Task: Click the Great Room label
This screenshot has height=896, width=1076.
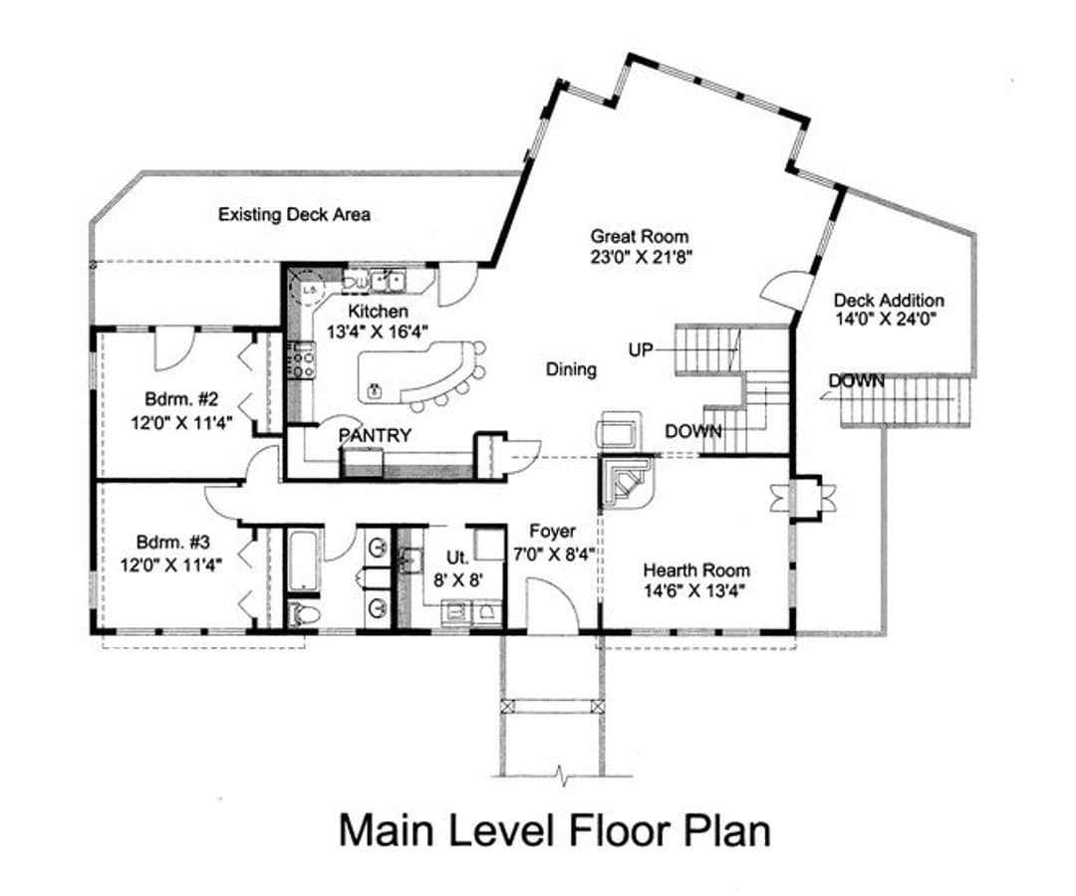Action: point(640,237)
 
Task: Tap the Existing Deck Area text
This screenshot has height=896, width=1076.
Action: point(294,215)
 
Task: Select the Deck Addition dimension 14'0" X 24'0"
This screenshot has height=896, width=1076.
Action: point(887,319)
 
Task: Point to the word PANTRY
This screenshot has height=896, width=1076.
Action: point(375,435)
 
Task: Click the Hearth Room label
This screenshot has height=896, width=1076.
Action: point(696,569)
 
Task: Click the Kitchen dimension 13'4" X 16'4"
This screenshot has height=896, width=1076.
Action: point(378,332)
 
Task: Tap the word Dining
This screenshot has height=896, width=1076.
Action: point(571,369)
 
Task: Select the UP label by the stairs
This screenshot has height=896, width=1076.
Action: point(641,350)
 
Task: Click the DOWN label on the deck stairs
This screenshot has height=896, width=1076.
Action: point(857,380)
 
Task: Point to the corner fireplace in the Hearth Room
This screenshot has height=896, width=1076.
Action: point(628,482)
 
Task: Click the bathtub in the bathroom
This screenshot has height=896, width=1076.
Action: point(303,560)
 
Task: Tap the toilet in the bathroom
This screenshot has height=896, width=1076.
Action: point(303,613)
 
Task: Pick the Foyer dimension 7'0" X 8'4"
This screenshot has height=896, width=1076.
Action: point(554,554)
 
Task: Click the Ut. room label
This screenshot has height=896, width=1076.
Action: point(457,557)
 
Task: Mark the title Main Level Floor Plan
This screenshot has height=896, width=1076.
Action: point(555,830)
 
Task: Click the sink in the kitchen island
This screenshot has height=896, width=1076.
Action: point(375,391)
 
